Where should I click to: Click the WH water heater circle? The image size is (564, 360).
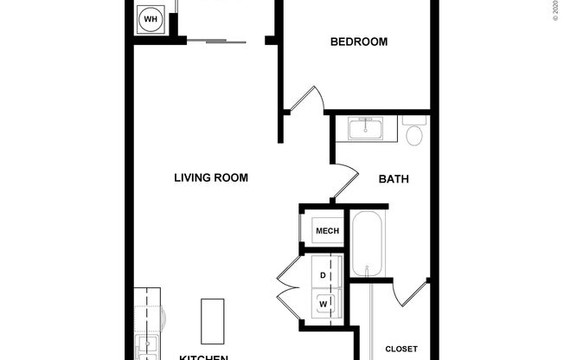151,19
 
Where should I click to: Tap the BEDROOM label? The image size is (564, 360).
359,42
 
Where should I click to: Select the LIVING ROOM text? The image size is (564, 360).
211,178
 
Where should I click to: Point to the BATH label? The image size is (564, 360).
394,180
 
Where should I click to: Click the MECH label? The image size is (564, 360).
327,231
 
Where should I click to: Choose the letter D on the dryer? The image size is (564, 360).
324,275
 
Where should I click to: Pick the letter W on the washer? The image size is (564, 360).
324,304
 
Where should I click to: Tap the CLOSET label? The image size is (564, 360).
401,350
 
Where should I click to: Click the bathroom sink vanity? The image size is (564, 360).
372,130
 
